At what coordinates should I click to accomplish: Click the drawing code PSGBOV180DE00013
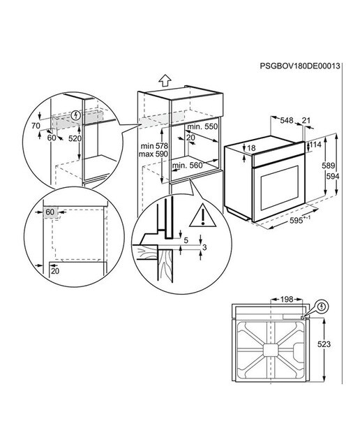point(300,66)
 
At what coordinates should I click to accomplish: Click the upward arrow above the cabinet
point(165,80)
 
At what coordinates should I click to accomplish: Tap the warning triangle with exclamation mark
point(203,215)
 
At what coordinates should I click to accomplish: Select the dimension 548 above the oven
point(287,121)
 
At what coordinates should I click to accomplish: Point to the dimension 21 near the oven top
point(306,121)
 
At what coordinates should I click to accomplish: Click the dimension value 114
point(315,145)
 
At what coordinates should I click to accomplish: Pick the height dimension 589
point(328,166)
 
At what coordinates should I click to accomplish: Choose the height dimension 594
point(333,177)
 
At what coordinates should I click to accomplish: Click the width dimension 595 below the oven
point(300,220)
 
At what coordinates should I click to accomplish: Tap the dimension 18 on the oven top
point(251,148)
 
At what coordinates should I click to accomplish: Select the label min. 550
point(202,126)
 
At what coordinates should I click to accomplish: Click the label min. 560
point(187,166)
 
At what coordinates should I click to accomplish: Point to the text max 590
point(153,154)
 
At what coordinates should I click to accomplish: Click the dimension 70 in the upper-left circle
point(36,126)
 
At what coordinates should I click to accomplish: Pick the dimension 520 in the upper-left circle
point(75,138)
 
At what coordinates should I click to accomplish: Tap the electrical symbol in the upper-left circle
point(76,115)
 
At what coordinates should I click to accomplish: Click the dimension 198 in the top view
point(287,300)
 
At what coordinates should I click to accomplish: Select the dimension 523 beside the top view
point(324,344)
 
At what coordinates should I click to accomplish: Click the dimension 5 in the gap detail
point(186,240)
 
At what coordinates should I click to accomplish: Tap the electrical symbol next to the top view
point(322,307)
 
